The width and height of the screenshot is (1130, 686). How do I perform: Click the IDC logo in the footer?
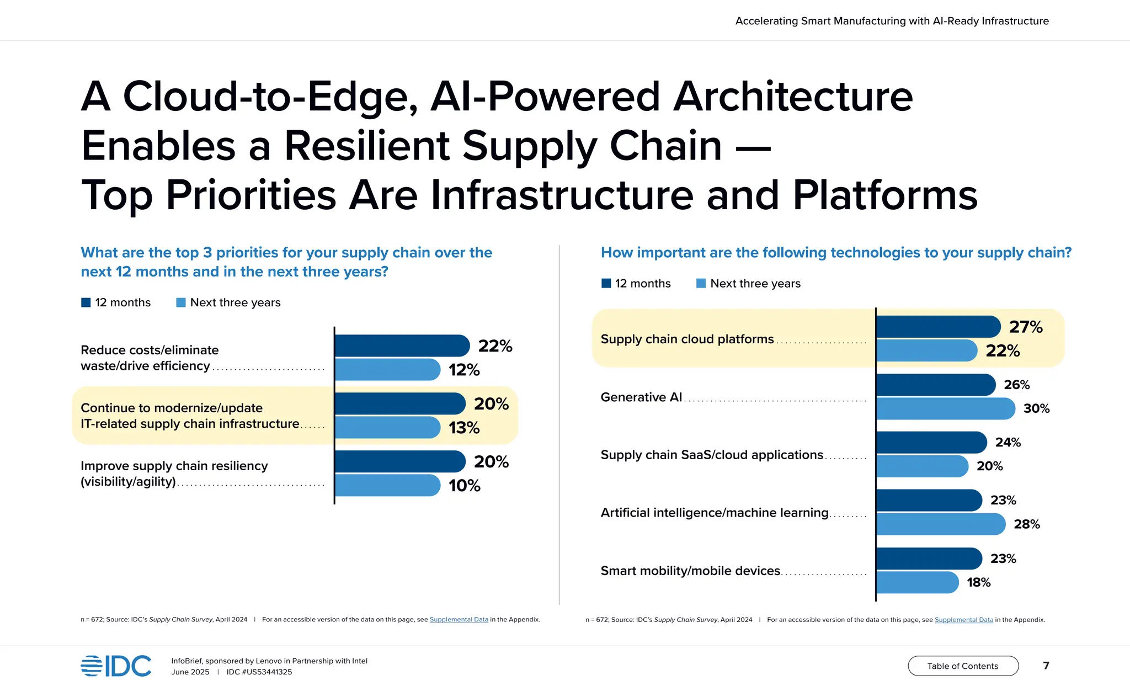[x=116, y=666]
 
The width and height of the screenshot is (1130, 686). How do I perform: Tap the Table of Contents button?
[x=963, y=666]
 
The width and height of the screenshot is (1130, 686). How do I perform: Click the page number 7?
[x=1046, y=666]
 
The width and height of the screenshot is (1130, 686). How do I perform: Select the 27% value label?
[x=1026, y=327]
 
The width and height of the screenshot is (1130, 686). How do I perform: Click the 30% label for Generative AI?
[x=1036, y=408]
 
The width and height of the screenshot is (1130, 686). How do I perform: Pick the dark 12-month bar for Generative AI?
[x=935, y=385]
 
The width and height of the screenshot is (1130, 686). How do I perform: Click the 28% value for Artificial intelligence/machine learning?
[x=1026, y=524]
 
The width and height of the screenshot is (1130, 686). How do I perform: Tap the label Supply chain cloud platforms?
[x=687, y=339]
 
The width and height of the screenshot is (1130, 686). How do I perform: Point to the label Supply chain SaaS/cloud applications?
[x=712, y=455]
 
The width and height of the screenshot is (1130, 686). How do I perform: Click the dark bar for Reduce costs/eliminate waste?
[x=402, y=345]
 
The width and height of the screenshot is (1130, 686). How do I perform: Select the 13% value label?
[x=464, y=428]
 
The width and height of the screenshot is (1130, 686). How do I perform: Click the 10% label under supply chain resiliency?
[x=464, y=486]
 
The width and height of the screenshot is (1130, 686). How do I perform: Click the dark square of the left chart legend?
[x=86, y=302]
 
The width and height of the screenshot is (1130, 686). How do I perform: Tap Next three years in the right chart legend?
[x=755, y=283]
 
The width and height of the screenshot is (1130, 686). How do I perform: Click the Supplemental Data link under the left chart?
[x=459, y=619]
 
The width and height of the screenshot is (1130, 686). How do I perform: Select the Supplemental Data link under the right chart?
[x=963, y=620]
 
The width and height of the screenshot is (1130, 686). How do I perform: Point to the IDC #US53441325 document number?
[x=259, y=672]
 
